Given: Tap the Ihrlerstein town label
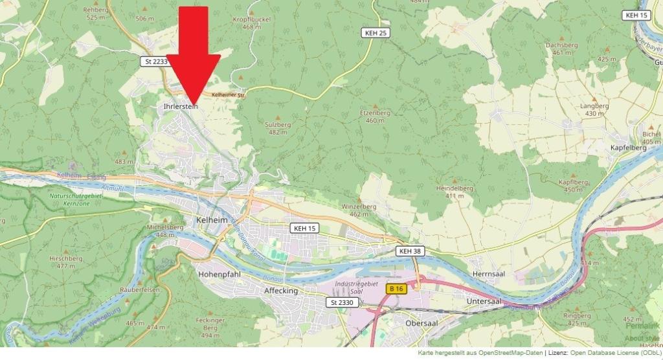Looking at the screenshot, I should [177, 106].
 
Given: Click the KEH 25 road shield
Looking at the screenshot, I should [375, 32].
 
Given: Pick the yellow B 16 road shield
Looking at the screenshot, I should [397, 289].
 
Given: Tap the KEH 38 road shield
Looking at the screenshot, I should [410, 251].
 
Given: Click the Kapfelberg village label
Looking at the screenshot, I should [628, 148].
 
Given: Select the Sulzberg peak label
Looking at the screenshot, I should [277, 124].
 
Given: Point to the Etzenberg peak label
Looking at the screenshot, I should [375, 113].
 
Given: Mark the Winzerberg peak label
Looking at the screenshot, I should [358, 207].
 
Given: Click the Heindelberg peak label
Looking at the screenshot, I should [455, 188].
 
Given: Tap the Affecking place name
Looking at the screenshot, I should [281, 291].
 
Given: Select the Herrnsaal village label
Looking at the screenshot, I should [489, 274].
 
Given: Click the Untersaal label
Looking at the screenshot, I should [484, 302].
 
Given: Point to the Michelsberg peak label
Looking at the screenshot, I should [162, 227].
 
